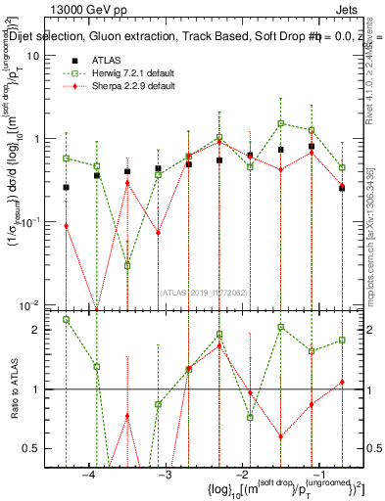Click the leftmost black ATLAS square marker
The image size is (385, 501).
[x=67, y=187]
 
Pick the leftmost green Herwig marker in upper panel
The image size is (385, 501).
[x=67, y=158]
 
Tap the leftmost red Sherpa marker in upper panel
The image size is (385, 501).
[x=67, y=226]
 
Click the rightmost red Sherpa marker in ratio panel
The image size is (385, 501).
[x=342, y=382]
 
